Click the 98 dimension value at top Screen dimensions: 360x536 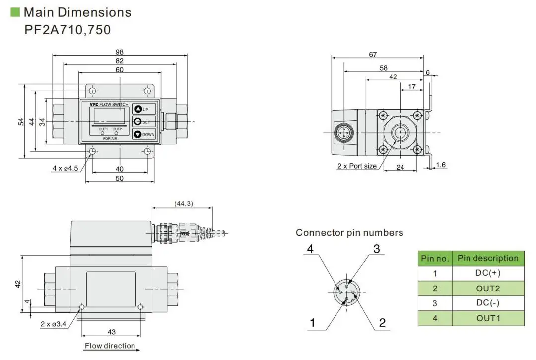[119, 52]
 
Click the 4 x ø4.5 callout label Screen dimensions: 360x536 [66, 168]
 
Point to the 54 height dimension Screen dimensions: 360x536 [21, 122]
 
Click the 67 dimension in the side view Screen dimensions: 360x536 [373, 55]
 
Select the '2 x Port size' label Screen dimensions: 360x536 [357, 166]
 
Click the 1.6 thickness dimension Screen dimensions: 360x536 [441, 165]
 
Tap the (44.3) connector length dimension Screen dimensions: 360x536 [184, 203]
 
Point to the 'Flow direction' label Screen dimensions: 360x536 [110, 346]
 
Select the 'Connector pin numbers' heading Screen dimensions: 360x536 [349, 232]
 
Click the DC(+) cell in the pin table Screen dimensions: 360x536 [488, 273]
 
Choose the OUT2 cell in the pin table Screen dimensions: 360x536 [488, 288]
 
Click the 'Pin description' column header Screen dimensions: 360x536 [488, 258]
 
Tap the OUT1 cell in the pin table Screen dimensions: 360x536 [488, 318]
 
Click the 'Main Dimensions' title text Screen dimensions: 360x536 [77, 12]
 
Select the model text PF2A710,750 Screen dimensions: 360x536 [67, 30]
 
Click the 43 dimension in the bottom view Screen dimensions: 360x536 [112, 332]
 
